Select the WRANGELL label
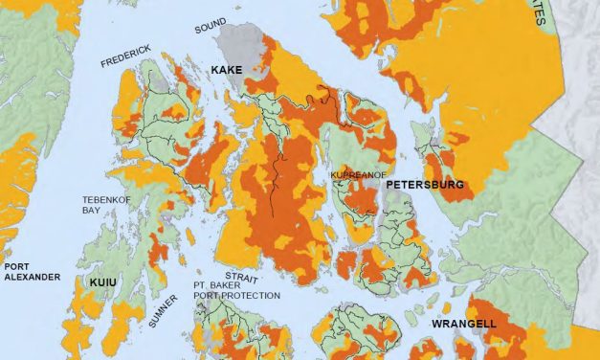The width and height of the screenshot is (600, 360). [463, 325]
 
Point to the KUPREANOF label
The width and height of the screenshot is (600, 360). [356, 176]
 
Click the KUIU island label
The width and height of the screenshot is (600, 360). [102, 283]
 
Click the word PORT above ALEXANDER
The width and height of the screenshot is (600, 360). [16, 266]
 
